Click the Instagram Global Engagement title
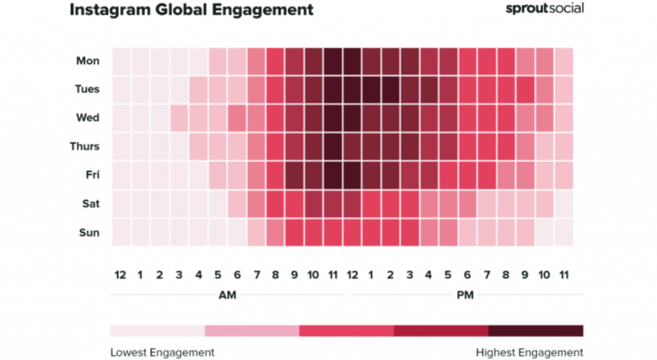pos(191,10)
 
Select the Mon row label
pos(88,61)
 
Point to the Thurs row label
pos(85,146)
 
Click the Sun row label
pos(89,232)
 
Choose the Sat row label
pos(90,203)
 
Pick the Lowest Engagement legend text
pos(162,352)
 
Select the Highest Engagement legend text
pos(529,352)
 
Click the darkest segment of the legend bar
pos(536,330)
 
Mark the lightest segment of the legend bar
pos(157,330)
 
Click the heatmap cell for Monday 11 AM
pos(333,61)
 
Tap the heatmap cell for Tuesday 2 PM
pos(391,89)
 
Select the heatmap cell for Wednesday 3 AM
pos(179,118)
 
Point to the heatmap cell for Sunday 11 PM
pos(564,232)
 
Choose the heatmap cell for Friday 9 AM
pos(294,175)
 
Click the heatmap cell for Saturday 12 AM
pos(121,203)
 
